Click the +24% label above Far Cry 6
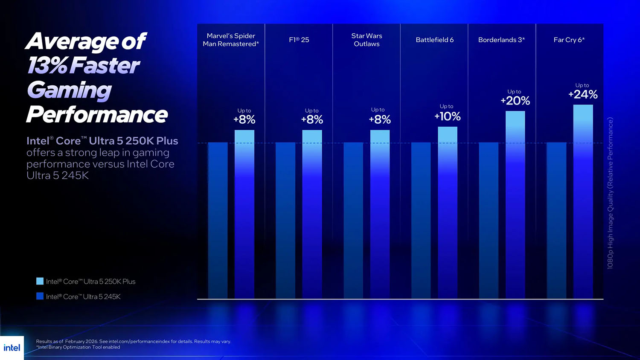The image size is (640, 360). [x=583, y=94]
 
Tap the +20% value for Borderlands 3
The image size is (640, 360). [x=515, y=101]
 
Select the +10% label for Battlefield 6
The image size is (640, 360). [x=447, y=116]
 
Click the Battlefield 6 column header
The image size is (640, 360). [x=434, y=40]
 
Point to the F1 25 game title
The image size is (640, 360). [x=299, y=40]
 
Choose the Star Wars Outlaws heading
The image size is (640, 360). [x=367, y=40]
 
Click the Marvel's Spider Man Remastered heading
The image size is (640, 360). [x=231, y=40]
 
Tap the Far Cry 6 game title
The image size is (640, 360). [x=569, y=40]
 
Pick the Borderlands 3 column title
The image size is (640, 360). [x=501, y=40]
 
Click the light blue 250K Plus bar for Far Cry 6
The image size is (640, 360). [x=583, y=200]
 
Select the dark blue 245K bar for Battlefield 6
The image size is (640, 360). [x=421, y=220]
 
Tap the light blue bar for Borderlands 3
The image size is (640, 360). [x=515, y=205]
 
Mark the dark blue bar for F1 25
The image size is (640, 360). [x=285, y=220]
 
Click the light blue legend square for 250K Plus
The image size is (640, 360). [x=40, y=281]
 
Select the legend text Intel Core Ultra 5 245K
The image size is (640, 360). [x=83, y=296]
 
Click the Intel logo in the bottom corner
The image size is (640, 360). [x=12, y=348]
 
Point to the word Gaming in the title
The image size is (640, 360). [x=69, y=90]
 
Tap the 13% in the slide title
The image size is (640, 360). [x=47, y=66]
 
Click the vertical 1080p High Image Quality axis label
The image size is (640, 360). [x=610, y=193]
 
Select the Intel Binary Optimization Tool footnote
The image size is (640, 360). [x=78, y=347]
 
